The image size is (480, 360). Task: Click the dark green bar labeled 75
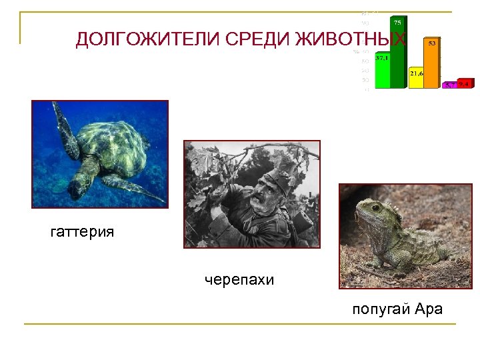click(x=399, y=53)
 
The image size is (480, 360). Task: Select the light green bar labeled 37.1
click(x=382, y=71)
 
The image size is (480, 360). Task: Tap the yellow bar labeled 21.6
click(x=416, y=79)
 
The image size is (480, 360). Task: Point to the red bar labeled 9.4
click(x=465, y=84)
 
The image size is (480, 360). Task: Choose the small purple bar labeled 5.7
click(x=451, y=85)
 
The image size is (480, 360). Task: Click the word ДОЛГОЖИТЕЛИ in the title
click(x=148, y=40)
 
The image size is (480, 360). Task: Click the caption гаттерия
click(x=82, y=232)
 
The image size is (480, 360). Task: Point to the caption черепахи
click(x=239, y=280)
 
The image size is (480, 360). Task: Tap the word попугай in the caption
click(x=381, y=309)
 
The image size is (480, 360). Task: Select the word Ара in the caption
click(x=429, y=309)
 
